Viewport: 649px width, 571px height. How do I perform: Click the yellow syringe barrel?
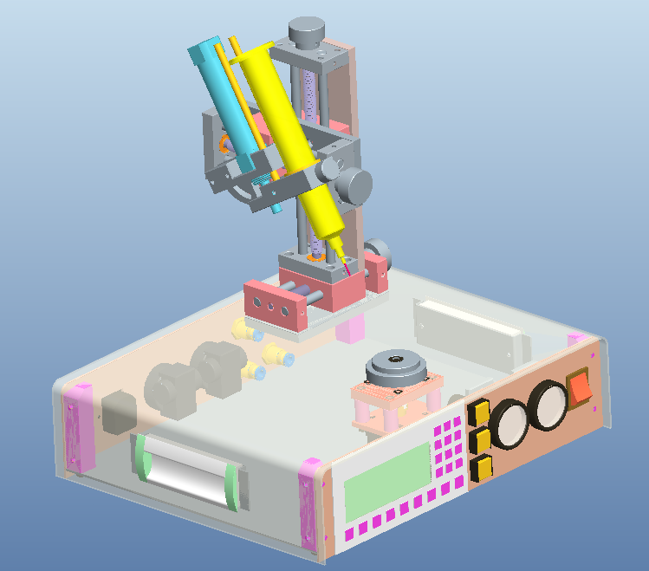click(x=277, y=121)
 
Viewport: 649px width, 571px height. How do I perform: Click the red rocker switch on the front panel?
click(x=580, y=386)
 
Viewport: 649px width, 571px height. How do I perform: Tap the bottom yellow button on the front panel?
click(x=481, y=469)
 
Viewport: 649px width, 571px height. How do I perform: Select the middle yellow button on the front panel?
click(x=479, y=440)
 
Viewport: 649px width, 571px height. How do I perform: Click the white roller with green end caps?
click(x=187, y=469)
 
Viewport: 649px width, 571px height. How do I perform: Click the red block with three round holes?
click(x=274, y=308)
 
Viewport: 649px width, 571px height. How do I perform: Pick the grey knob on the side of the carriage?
click(x=353, y=185)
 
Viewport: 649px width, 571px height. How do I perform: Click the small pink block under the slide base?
click(x=349, y=328)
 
